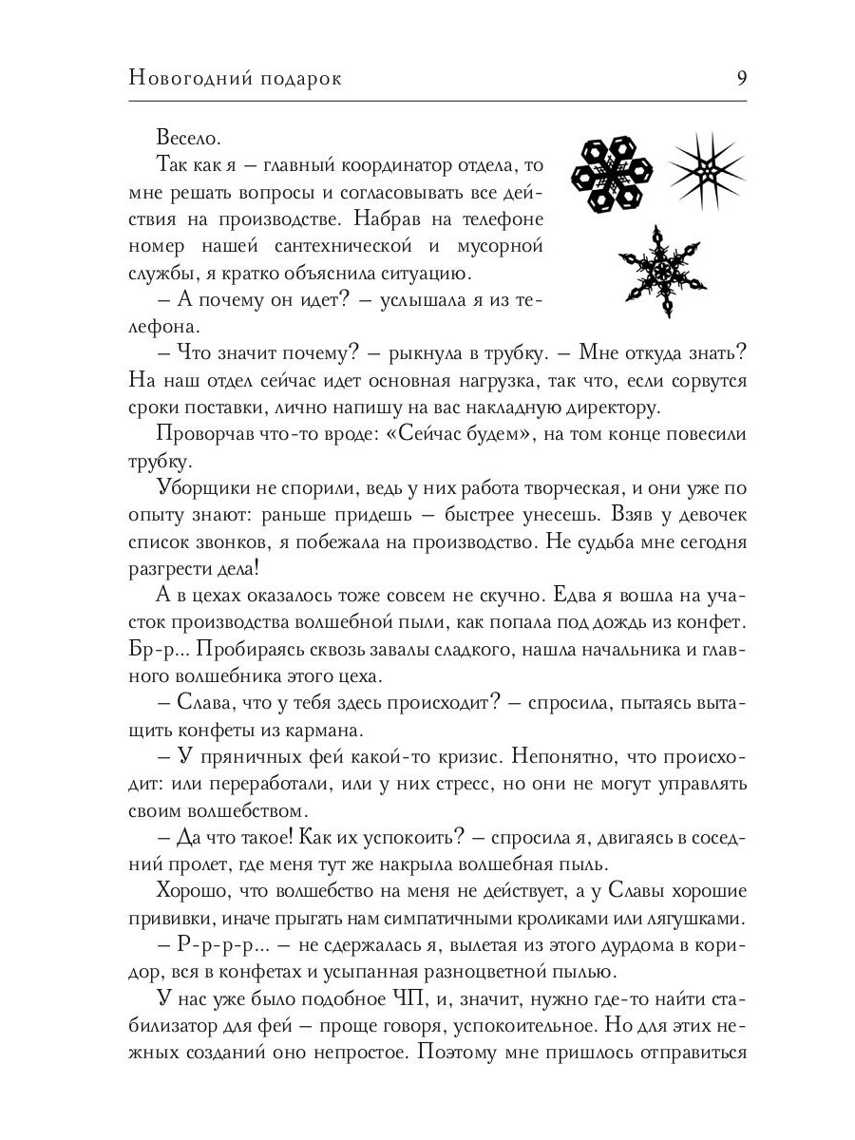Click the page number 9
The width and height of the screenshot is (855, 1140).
tap(741, 79)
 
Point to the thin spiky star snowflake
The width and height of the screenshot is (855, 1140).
tap(706, 169)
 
